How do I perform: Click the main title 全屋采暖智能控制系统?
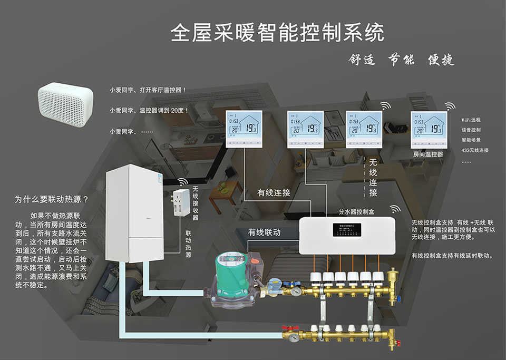pyautogui.click(x=278, y=33)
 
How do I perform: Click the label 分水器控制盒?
pyautogui.click(x=356, y=212)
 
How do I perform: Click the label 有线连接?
pyautogui.click(x=274, y=192)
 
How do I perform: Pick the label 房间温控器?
pyautogui.click(x=427, y=154)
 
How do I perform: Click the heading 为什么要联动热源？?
pyautogui.click(x=52, y=200)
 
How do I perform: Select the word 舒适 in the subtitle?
pyautogui.click(x=362, y=60)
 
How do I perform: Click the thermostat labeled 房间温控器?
pyautogui.click(x=429, y=130)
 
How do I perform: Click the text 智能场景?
pyautogui.click(x=471, y=140)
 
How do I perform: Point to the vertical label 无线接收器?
pyautogui.click(x=195, y=203)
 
